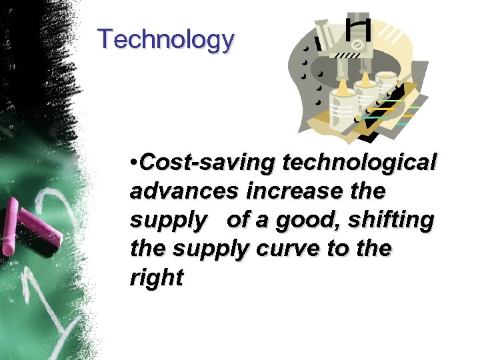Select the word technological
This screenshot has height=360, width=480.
click(x=360, y=161)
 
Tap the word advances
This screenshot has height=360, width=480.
click(x=184, y=191)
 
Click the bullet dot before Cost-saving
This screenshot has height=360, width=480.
click(x=135, y=162)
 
